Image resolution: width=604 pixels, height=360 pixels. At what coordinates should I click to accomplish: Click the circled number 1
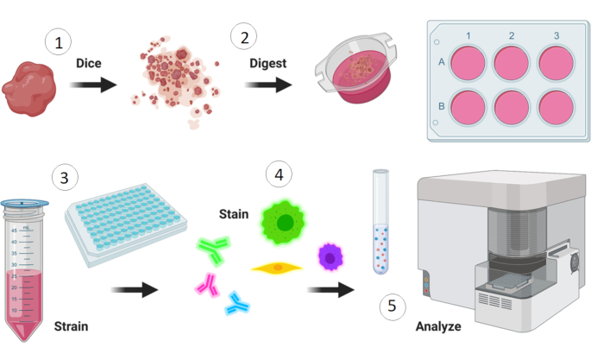[59, 41]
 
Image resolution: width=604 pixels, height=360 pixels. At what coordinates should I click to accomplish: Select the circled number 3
[65, 178]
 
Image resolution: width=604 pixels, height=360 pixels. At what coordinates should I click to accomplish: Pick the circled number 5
[393, 306]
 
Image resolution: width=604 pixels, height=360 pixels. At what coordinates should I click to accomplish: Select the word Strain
[71, 326]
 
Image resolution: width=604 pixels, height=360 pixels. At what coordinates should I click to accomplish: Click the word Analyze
[437, 326]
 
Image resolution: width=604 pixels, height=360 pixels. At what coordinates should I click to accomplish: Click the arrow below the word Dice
[92, 85]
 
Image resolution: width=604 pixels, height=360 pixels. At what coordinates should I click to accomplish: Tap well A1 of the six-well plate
[469, 63]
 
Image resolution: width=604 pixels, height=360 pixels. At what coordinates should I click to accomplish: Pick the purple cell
[330, 256]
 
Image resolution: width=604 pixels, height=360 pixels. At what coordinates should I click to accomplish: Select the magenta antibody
[207, 283]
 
